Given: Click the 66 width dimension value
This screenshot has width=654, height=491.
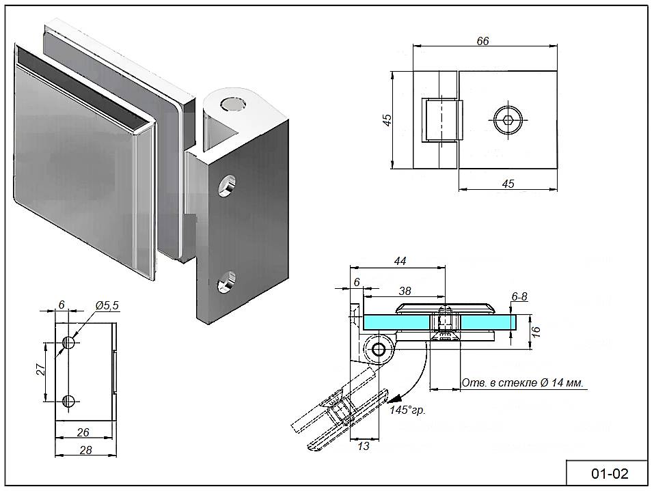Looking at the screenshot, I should pyautogui.click(x=482, y=41).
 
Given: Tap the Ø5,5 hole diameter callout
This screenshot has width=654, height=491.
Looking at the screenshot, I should pyautogui.click(x=107, y=306).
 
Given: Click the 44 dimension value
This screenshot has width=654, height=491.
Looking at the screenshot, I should pyautogui.click(x=401, y=260).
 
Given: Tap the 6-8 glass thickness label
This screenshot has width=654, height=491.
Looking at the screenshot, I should pyautogui.click(x=520, y=296).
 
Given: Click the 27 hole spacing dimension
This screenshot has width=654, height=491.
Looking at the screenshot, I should pyautogui.click(x=41, y=369).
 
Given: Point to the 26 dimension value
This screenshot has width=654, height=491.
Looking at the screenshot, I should pyautogui.click(x=83, y=432).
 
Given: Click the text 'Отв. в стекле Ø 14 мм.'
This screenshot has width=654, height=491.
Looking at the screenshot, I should pyautogui.click(x=523, y=383).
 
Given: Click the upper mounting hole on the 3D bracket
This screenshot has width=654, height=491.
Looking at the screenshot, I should pyautogui.click(x=226, y=186).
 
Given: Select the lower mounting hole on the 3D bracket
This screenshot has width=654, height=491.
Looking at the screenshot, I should pyautogui.click(x=226, y=283).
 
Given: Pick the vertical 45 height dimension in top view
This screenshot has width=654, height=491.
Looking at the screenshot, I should pyautogui.click(x=387, y=120).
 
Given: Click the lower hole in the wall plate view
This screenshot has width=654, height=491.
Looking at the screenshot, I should pyautogui.click(x=68, y=401).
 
